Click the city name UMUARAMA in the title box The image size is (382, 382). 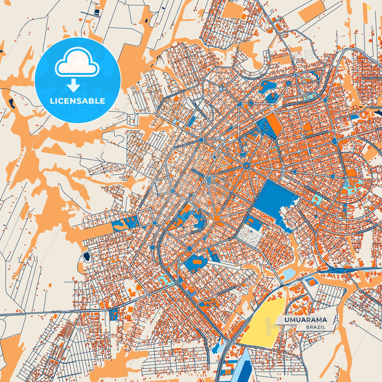coord(306,320)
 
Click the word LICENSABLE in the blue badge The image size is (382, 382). coord(77,101)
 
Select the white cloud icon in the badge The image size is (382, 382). coord(77,62)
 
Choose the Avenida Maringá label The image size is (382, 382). coord(316,135)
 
